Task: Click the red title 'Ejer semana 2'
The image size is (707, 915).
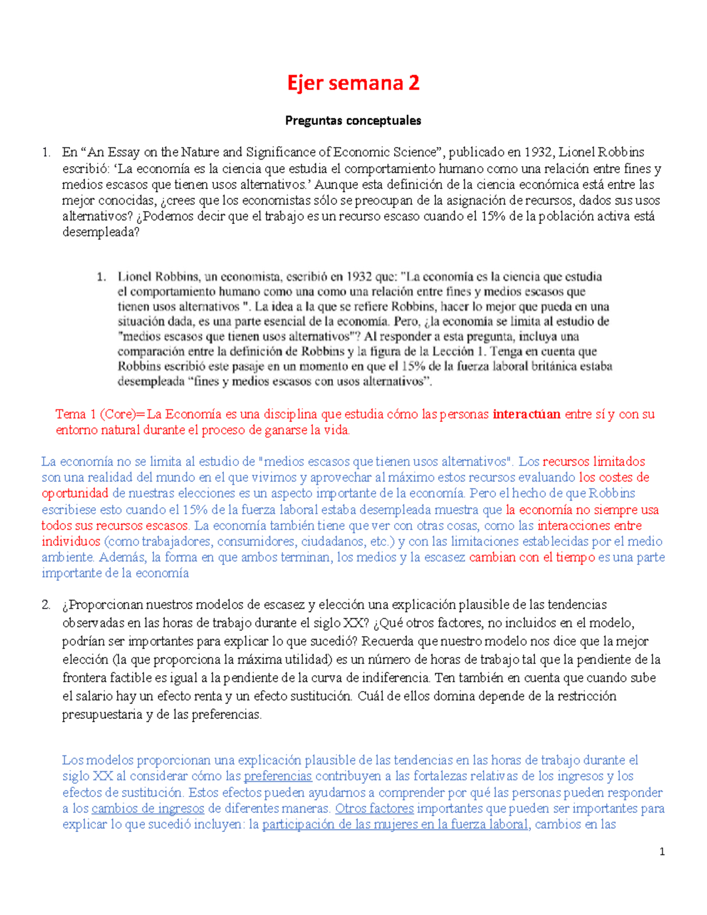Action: point(353,83)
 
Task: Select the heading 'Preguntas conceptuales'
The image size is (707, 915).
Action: point(353,121)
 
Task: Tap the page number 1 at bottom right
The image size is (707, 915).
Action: point(662,851)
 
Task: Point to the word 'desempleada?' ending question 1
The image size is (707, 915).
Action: point(101,232)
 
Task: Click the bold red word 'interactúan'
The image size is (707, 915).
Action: point(526,414)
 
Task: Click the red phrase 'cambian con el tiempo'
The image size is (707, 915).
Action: point(532,557)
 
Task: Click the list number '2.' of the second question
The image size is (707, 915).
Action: point(46,605)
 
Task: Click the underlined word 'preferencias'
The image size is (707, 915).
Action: point(277,777)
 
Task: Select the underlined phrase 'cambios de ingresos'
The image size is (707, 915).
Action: point(148,809)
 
